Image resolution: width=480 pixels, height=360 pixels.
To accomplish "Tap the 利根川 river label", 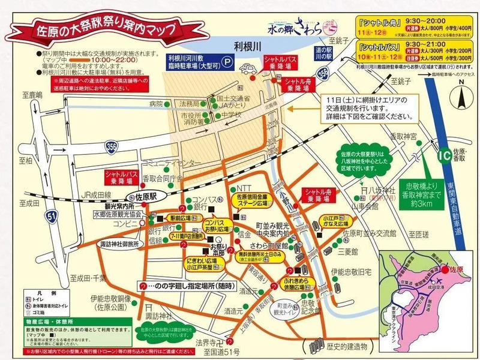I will tap(247, 46).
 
